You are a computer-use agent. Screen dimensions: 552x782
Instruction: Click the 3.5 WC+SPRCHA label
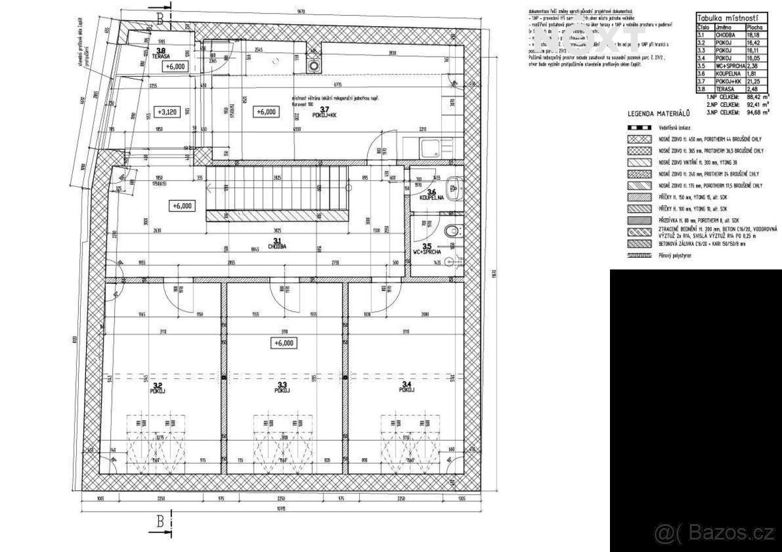pyautogui.click(x=428, y=249)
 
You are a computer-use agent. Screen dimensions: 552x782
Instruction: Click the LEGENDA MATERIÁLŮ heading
pyautogui.click(x=659, y=115)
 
